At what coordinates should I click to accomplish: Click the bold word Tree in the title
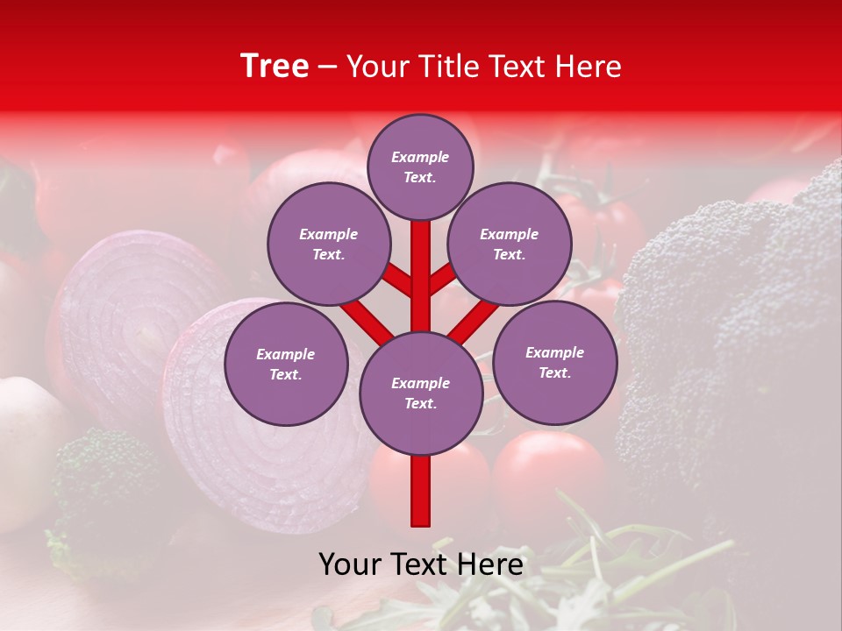coord(275,67)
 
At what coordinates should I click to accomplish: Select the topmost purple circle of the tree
coord(420,167)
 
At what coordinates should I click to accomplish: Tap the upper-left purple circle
coord(329,244)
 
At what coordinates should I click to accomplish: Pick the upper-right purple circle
coord(510,244)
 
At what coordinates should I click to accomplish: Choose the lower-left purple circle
coord(286,364)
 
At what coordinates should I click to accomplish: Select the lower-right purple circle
coord(554,362)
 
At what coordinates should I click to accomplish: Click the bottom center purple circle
coord(421,393)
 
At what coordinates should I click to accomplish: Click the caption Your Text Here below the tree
coord(421,564)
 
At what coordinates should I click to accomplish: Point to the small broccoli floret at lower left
coord(101,478)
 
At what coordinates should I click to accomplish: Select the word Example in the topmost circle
coord(420,157)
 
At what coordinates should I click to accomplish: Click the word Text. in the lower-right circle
coord(554,372)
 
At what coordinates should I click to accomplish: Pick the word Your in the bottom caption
coord(349,564)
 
